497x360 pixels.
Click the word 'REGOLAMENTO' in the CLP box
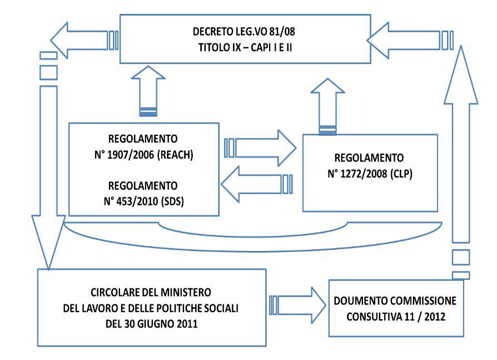(x=369, y=157)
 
